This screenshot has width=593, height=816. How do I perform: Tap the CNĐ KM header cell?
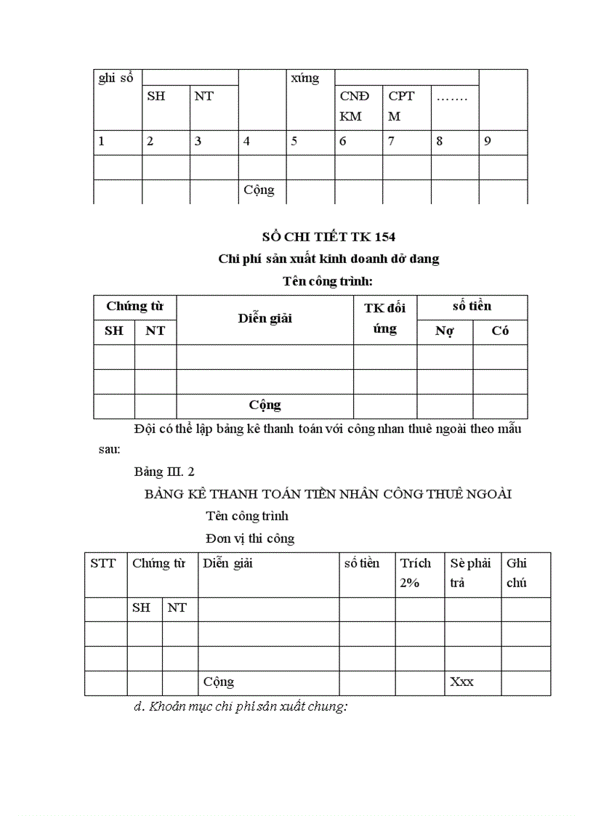tap(355, 106)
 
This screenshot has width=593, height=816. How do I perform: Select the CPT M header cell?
tap(401, 106)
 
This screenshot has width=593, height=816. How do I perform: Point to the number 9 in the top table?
tap(488, 142)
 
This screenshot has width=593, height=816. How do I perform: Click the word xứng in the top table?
tap(304, 78)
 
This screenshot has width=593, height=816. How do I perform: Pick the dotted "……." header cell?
tap(451, 97)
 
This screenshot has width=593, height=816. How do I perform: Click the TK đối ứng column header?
tap(384, 318)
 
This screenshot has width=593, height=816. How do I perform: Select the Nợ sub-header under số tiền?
tap(444, 331)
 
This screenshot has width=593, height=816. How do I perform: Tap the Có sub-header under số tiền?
tap(500, 331)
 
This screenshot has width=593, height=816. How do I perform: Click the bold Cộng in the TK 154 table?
tap(265, 405)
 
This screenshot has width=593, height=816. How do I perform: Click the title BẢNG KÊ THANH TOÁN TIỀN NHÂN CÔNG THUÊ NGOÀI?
tap(328, 494)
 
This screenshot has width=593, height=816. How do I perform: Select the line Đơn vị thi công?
tap(250, 538)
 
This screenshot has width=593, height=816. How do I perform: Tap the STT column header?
tap(103, 563)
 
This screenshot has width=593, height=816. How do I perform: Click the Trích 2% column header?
tap(416, 573)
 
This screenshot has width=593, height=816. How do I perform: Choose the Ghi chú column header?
tap(517, 573)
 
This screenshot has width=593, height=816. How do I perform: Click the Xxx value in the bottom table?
tap(462, 682)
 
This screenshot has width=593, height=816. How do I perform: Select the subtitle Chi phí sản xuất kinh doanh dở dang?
tap(328, 259)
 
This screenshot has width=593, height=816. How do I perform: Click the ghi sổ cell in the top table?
tap(116, 78)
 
